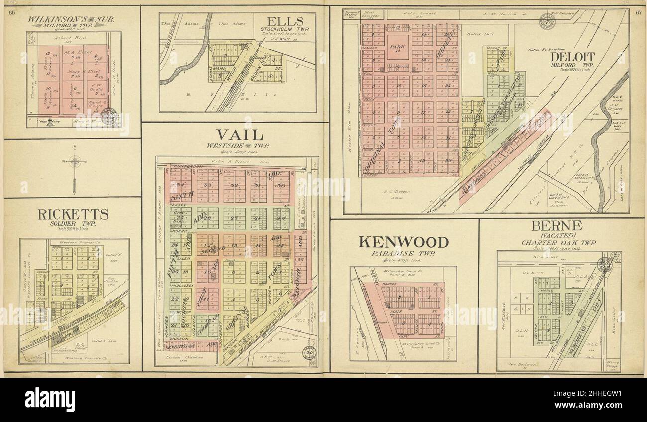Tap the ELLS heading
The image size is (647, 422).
[284, 22]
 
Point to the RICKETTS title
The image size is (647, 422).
[73, 214]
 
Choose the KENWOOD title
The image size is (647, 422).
[404, 242]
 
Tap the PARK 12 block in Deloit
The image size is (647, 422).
[398, 48]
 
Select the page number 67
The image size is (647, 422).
[638, 12]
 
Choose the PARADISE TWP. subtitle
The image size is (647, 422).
[404, 254]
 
